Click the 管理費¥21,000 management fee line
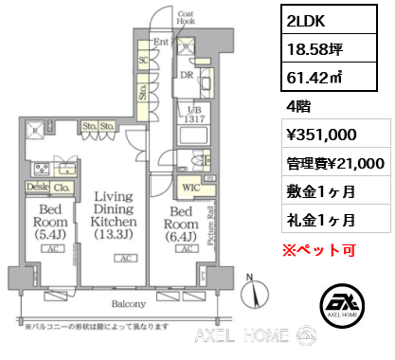click(x=329, y=162)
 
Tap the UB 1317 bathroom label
click(x=193, y=114)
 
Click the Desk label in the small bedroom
click(x=35, y=188)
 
